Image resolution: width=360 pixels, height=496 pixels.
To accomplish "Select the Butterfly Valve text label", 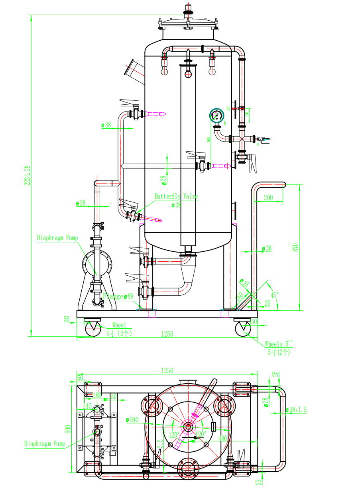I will (x=176, y=196).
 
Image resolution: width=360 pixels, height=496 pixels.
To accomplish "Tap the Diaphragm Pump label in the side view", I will (x=57, y=238).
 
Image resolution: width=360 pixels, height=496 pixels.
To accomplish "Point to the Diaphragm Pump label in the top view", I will (x=45, y=443).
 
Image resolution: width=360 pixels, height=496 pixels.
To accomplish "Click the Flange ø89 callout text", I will (x=118, y=296).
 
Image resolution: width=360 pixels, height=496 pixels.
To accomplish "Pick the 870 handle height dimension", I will (x=295, y=247).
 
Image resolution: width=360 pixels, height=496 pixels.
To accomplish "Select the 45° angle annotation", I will (x=274, y=296).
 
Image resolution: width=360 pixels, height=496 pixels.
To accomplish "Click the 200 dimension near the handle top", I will (x=268, y=198).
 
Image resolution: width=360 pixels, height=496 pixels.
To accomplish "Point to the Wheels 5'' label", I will (x=279, y=344).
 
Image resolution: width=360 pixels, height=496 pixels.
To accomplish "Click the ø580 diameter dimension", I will (x=132, y=420).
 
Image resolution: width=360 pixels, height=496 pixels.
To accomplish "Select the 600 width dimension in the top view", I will (x=68, y=429).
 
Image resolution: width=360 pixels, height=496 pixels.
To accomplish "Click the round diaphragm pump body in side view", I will (x=97, y=263).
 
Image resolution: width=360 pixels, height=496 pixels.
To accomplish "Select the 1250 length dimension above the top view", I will (x=167, y=371).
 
